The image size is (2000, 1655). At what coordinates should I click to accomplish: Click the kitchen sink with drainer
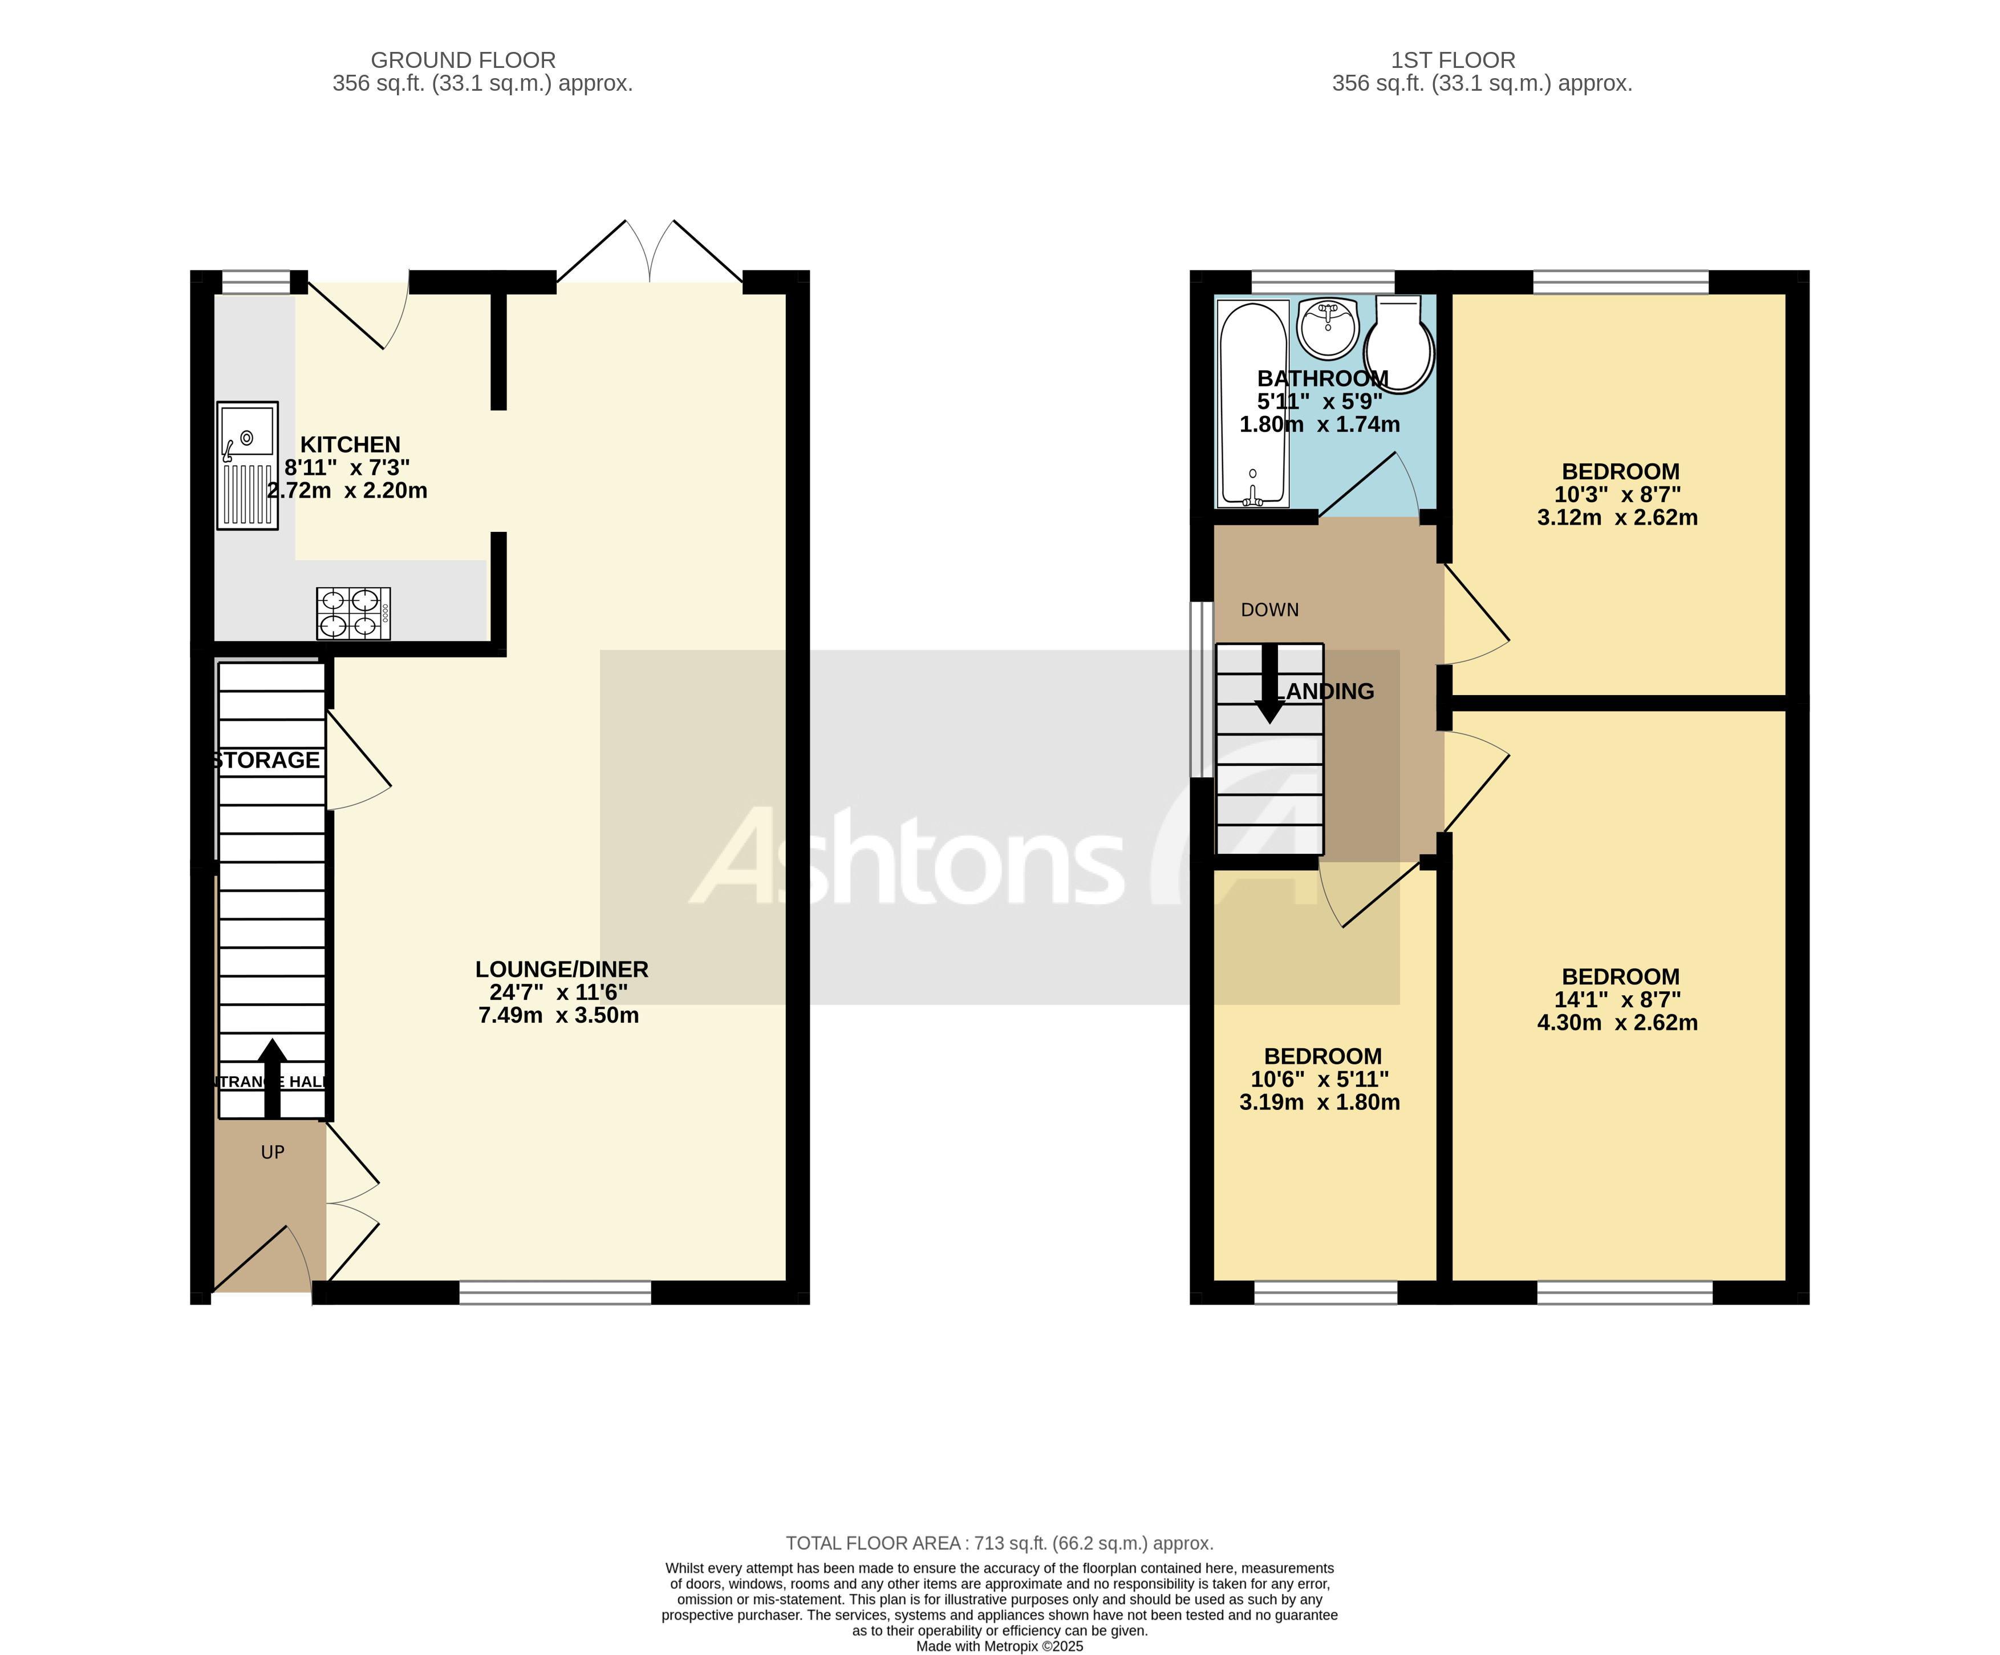pos(248,465)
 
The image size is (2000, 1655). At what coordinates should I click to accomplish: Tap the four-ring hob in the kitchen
pos(354,613)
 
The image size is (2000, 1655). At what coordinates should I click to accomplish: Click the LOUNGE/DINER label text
pos(562,969)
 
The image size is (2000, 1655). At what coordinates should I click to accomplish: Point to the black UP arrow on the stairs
pos(273,1077)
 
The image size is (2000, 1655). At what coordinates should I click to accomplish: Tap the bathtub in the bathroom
pos(1253,404)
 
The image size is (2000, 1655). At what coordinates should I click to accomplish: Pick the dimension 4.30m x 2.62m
pos(1617,1022)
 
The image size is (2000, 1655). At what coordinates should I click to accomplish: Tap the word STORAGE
pos(267,760)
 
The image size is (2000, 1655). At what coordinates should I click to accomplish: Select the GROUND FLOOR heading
pos(463,60)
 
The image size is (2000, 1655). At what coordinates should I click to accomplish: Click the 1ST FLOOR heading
pos(1453,60)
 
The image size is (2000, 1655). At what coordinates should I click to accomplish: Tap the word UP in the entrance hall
pos(273,1152)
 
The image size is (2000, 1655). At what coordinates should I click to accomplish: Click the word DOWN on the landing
pos(1269,610)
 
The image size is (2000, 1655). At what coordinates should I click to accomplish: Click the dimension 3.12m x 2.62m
pos(1617,518)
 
